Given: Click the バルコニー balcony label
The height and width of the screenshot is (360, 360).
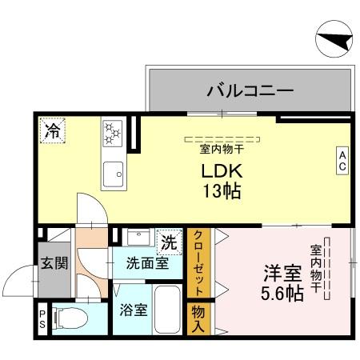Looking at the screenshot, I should [249, 89].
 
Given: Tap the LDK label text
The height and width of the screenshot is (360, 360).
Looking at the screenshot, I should [222, 173].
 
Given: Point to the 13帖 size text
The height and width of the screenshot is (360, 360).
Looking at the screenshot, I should [222, 193].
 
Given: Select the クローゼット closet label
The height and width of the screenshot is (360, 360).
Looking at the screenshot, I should [198, 263].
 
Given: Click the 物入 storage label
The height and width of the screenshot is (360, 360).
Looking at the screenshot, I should [197, 318].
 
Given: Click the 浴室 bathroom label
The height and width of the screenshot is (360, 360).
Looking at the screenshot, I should [133, 310].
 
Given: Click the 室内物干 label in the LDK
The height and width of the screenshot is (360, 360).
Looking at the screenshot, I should [222, 148].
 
